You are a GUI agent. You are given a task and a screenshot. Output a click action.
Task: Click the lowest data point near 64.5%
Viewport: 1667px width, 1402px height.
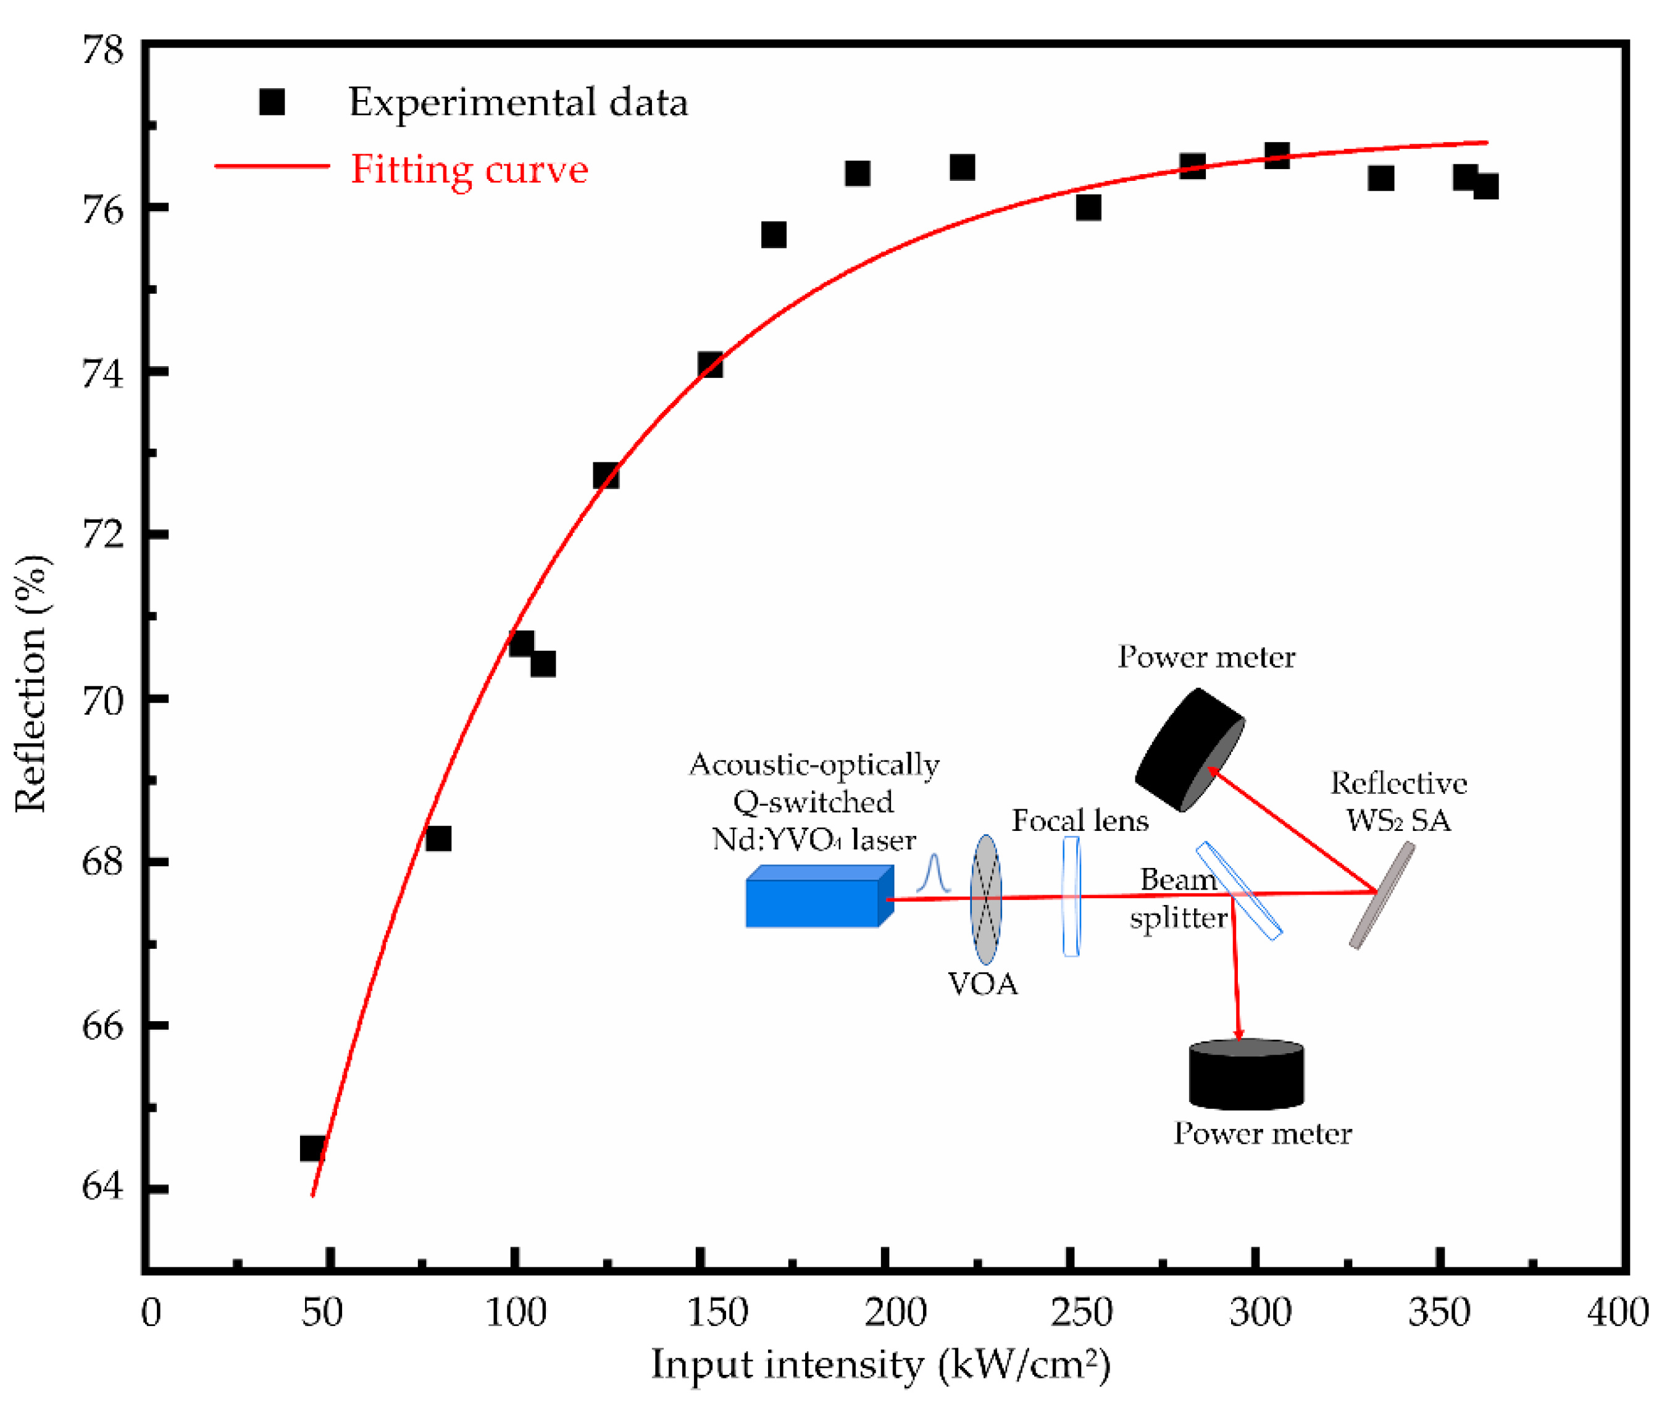(312, 1148)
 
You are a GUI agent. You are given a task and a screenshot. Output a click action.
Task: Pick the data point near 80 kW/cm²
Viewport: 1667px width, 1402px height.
(438, 838)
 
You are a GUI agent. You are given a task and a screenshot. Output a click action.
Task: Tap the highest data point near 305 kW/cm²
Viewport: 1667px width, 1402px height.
(1277, 155)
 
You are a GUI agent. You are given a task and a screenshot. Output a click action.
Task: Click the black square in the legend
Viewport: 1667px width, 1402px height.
(272, 102)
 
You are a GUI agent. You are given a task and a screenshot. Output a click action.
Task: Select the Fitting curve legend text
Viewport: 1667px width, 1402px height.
(469, 169)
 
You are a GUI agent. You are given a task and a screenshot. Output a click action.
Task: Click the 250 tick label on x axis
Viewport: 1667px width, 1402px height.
(1080, 1312)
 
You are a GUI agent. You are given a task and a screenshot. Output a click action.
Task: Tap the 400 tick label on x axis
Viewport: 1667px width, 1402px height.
(1617, 1312)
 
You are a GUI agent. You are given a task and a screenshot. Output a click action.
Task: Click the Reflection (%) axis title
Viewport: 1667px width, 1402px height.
(32, 683)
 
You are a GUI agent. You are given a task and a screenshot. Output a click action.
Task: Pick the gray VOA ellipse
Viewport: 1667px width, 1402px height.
(986, 899)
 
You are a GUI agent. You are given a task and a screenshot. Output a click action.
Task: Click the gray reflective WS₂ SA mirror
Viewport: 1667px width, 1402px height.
(1382, 896)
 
